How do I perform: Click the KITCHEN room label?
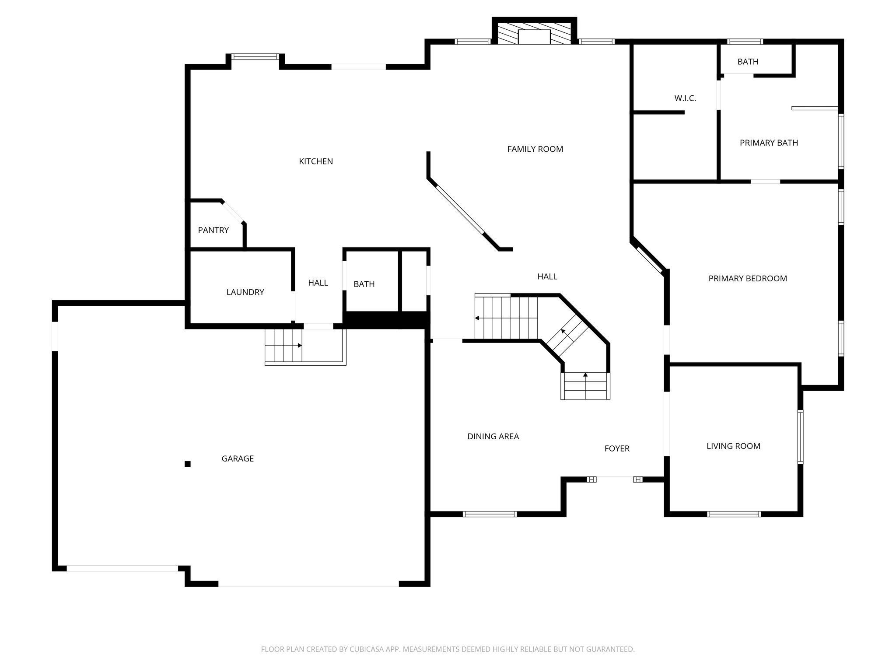[315, 161]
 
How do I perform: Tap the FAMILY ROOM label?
[535, 149]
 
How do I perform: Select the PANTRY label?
[213, 230]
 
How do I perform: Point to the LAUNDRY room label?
[245, 292]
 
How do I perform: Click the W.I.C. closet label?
[685, 98]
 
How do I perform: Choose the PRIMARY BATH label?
[768, 143]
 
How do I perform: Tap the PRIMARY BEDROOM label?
[747, 278]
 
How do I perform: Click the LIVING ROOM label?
[733, 446]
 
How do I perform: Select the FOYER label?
[616, 448]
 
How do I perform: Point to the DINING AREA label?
[493, 436]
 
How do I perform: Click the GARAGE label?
[238, 458]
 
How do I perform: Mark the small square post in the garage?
[187, 464]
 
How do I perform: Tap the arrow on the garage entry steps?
[299, 346]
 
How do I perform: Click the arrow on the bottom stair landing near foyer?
[585, 375]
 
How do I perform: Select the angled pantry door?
[232, 212]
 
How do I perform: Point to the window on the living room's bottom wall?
[734, 514]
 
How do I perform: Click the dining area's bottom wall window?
[490, 514]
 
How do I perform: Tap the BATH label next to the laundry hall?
[364, 284]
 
